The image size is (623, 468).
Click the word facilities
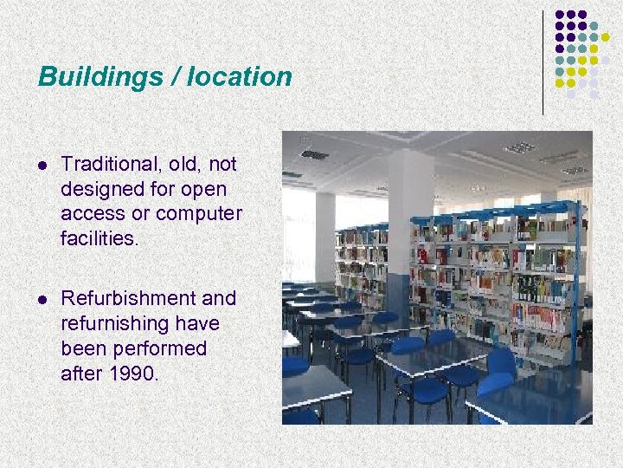pos(100,238)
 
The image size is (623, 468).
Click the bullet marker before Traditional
pos(42,165)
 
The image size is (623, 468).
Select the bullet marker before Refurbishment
pos(42,299)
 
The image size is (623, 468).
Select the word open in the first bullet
pos(203,189)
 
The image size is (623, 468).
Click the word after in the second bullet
pos(80,374)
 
